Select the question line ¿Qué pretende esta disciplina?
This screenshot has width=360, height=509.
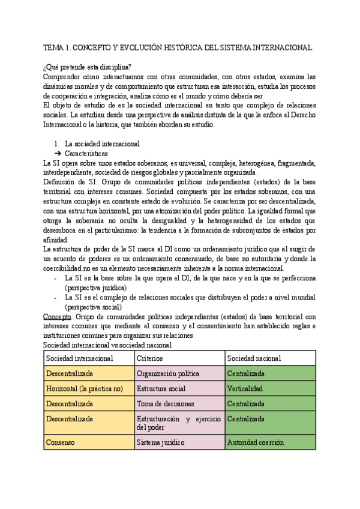point(88,66)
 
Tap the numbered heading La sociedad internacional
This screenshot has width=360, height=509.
point(102,144)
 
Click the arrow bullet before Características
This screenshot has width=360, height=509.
point(58,154)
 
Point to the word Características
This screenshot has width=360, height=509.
point(86,154)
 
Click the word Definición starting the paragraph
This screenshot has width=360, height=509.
point(61,182)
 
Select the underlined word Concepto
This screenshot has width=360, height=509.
point(58,316)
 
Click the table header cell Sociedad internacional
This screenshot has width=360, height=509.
point(80,358)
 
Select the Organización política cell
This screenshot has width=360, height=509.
point(168,373)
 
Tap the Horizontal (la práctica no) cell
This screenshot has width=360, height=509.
point(84,389)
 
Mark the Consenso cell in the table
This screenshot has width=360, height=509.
point(60,443)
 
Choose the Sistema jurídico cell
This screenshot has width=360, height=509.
point(161,443)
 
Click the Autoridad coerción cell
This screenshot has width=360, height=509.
point(255,443)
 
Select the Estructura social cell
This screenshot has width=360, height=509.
point(161,389)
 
